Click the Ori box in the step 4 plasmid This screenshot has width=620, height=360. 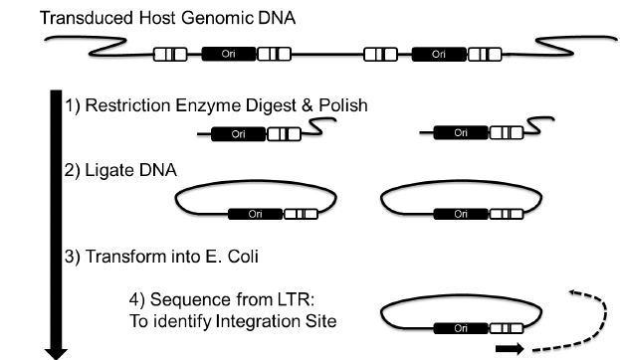(461, 325)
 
